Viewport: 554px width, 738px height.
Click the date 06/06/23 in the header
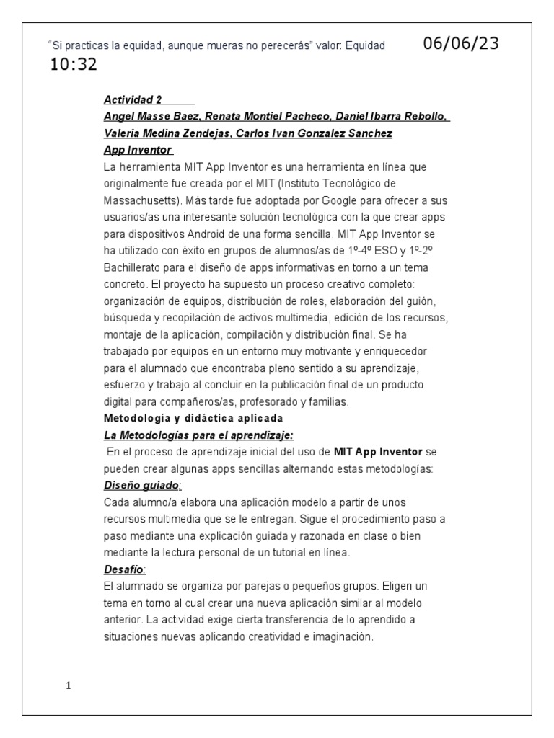click(460, 43)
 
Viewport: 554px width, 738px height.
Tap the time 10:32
click(74, 66)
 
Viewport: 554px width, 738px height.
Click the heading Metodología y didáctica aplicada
click(193, 418)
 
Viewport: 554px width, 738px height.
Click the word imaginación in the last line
click(340, 636)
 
